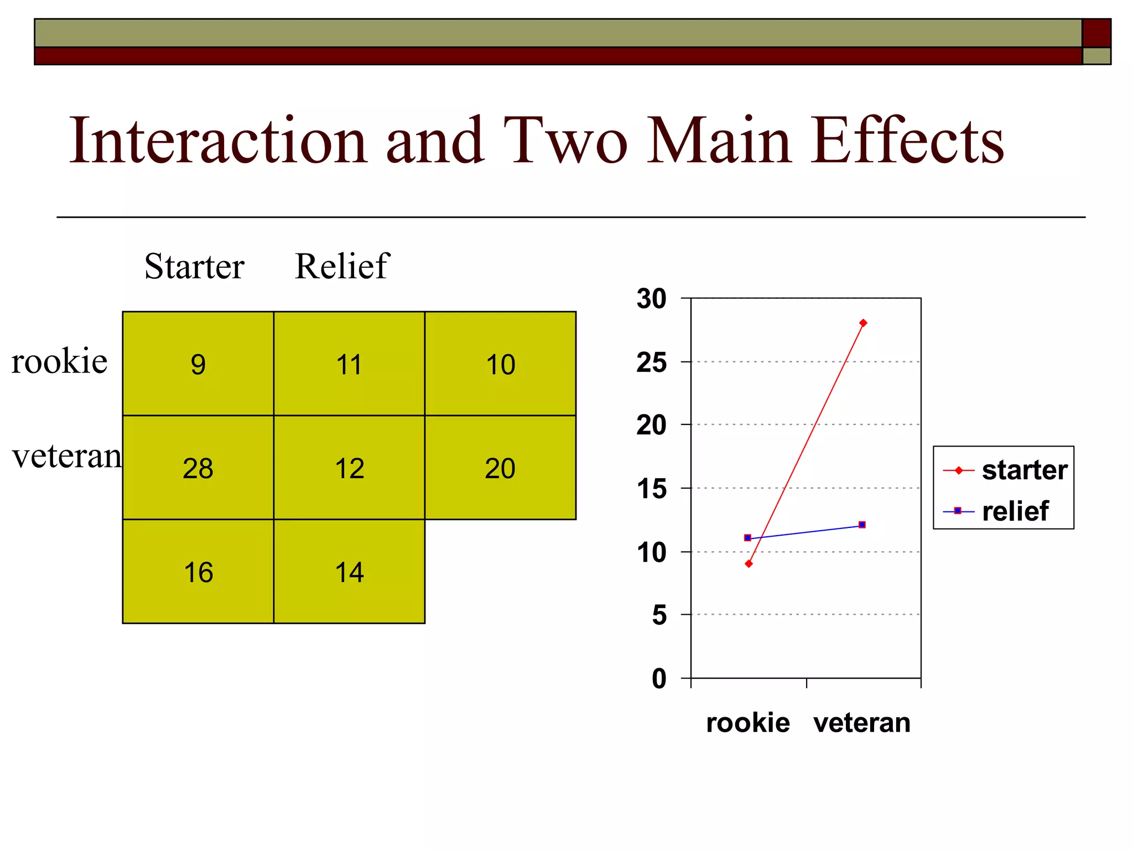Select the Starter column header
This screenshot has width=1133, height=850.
[x=194, y=266]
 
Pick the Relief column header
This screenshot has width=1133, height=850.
[x=342, y=266]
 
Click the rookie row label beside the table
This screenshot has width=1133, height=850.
[x=59, y=361]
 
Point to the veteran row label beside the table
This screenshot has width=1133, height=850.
[x=66, y=457]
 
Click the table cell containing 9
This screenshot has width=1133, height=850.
[x=198, y=364]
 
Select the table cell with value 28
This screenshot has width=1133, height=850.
[x=198, y=468]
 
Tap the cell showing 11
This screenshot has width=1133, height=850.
[x=349, y=364]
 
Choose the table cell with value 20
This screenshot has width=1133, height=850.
[x=500, y=468]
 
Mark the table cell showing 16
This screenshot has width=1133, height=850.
[x=198, y=572]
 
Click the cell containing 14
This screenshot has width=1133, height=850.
[x=349, y=572]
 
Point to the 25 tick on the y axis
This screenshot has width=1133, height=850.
[x=652, y=363]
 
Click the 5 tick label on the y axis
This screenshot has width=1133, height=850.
[x=659, y=615]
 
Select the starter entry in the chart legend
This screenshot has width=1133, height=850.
[x=1024, y=470]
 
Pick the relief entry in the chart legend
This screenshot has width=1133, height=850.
[x=1015, y=511]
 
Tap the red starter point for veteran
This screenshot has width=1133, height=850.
[x=863, y=323]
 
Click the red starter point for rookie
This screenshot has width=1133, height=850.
[x=749, y=564]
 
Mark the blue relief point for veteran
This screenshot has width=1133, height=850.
[x=862, y=525]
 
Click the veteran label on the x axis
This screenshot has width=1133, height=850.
[x=862, y=723]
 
